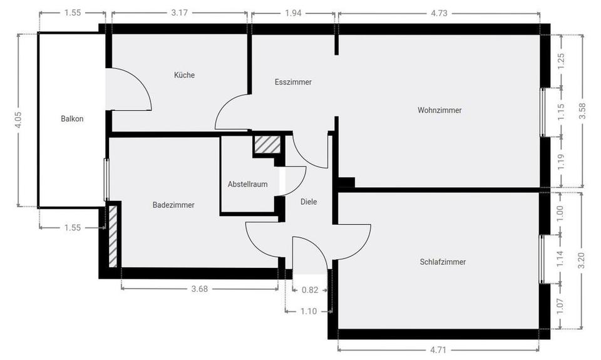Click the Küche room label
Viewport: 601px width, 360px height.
point(184,75)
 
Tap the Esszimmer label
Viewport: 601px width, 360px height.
point(293,82)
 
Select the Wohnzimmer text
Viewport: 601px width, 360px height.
point(439,110)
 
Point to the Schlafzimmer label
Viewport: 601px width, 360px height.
point(443,262)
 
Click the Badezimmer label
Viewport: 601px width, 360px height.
point(173,205)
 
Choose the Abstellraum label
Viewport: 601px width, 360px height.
point(247,184)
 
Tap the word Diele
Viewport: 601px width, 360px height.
point(309,202)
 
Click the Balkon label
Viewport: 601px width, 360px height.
point(72,118)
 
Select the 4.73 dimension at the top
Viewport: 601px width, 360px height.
point(438,13)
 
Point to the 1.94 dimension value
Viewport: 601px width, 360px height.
point(292,13)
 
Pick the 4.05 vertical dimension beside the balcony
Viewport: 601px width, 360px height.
point(18,120)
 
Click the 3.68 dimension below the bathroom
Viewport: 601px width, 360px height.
point(199,289)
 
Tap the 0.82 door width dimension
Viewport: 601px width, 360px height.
point(310,289)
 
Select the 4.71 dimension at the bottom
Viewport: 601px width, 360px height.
point(438,349)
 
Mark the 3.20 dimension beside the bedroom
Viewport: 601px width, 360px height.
point(583,260)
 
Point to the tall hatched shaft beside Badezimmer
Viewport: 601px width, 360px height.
point(113,235)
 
